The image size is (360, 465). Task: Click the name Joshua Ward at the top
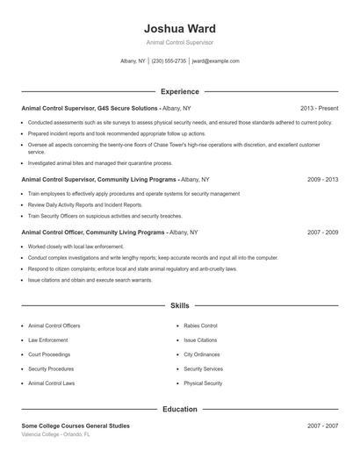179,29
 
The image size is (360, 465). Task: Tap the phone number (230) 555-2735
169,61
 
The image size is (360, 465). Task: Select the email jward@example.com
215,61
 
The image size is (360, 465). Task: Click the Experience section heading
179,91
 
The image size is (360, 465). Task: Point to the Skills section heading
179,305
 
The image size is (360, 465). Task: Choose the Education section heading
179,409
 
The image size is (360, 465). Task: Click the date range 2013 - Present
319,108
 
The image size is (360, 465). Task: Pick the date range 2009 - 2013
322,179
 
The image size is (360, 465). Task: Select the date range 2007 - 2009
322,232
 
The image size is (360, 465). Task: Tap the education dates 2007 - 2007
322,426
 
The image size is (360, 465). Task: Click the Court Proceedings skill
50,354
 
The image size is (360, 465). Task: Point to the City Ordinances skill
201,354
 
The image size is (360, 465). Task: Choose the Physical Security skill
203,383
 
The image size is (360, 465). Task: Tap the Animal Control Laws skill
51,383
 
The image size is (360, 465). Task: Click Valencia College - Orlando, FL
54,434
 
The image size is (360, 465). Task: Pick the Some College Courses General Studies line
75,426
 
